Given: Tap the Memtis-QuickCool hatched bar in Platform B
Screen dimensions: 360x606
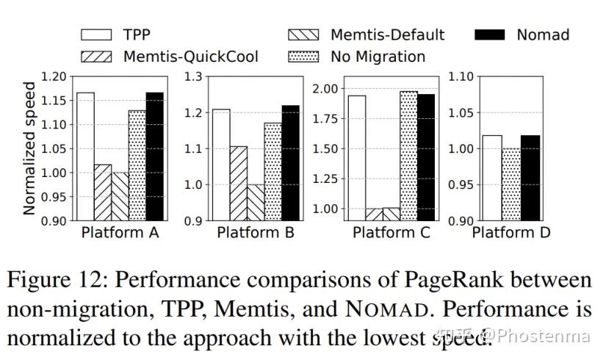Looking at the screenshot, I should point(238,183).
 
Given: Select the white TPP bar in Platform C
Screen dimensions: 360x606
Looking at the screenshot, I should point(357,158).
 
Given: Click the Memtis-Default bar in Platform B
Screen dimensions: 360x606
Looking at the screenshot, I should point(255,202).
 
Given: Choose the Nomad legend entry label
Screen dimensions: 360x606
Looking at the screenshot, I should point(543,35).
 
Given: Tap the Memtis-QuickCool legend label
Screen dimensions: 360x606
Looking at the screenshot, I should point(190,56).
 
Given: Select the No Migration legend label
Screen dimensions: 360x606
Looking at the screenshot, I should point(378,56).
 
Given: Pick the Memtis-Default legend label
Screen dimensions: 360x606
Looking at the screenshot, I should point(387,35).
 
